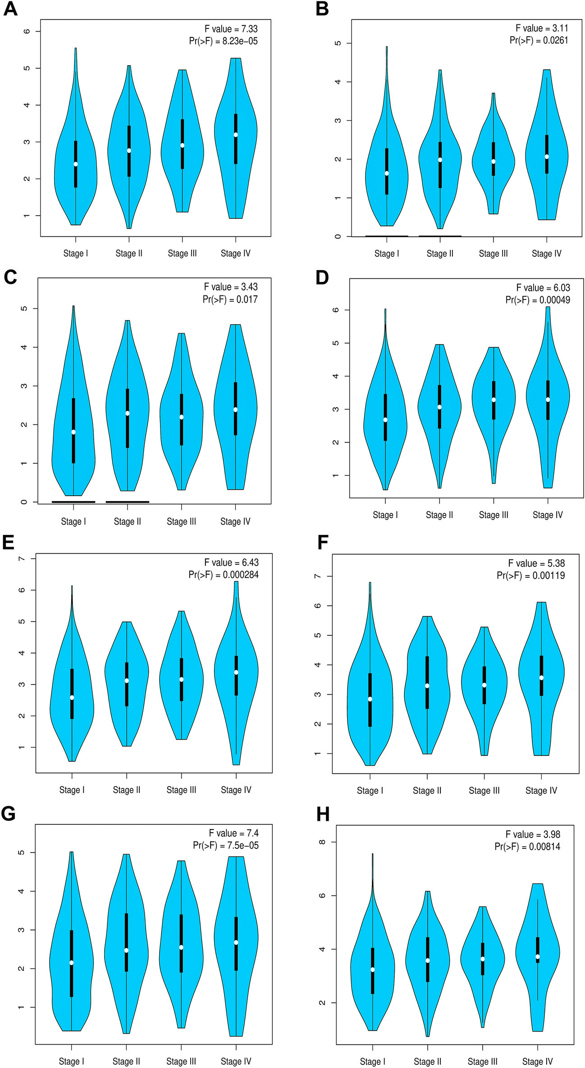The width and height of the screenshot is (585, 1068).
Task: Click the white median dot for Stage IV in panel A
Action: (x=236, y=135)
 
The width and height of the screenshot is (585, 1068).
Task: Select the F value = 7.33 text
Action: (x=231, y=29)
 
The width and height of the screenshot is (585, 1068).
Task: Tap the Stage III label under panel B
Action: (x=493, y=253)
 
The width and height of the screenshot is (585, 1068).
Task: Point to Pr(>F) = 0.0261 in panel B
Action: (x=539, y=40)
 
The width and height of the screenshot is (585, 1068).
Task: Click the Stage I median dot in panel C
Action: (x=73, y=432)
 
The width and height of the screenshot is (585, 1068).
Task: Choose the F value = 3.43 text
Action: (x=230, y=287)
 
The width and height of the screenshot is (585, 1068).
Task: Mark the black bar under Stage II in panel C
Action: (x=127, y=502)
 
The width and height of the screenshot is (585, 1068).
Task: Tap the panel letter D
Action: (x=322, y=277)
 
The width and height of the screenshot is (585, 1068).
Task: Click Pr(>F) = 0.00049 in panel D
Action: (x=537, y=300)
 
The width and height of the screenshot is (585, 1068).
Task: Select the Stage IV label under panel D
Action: (x=548, y=515)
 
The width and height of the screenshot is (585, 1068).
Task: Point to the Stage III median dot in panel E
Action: (x=182, y=679)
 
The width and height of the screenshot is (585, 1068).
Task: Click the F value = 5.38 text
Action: (x=536, y=563)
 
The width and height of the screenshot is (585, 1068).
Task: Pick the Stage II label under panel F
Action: (x=427, y=791)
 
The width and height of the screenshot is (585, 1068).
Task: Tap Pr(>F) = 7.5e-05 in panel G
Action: (x=225, y=845)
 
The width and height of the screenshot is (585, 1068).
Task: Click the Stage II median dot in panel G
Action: (x=127, y=950)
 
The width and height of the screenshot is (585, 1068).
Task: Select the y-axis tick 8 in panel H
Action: (x=322, y=842)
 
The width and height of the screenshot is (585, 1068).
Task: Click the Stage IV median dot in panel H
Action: (x=538, y=957)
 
